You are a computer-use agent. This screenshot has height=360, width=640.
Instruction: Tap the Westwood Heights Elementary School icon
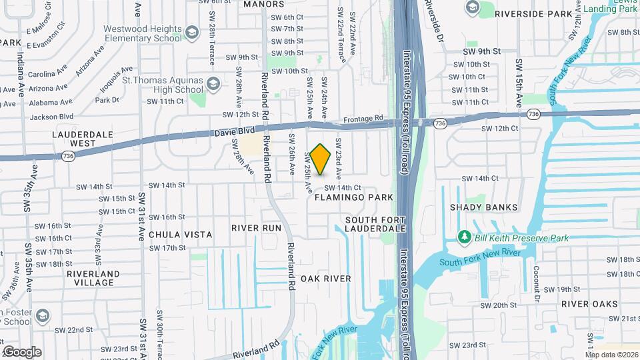point(191,33)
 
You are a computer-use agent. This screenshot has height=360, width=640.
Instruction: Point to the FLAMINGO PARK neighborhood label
point(354,198)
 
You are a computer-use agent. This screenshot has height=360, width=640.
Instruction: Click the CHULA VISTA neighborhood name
point(180,235)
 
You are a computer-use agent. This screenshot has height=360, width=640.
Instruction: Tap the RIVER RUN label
point(257,228)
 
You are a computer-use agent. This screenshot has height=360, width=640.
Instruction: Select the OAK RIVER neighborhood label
point(325,278)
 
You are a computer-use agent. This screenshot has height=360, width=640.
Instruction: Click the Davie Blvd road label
point(231,133)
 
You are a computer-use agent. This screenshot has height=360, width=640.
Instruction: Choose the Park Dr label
point(107,100)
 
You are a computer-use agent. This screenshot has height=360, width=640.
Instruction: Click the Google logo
point(21,352)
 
